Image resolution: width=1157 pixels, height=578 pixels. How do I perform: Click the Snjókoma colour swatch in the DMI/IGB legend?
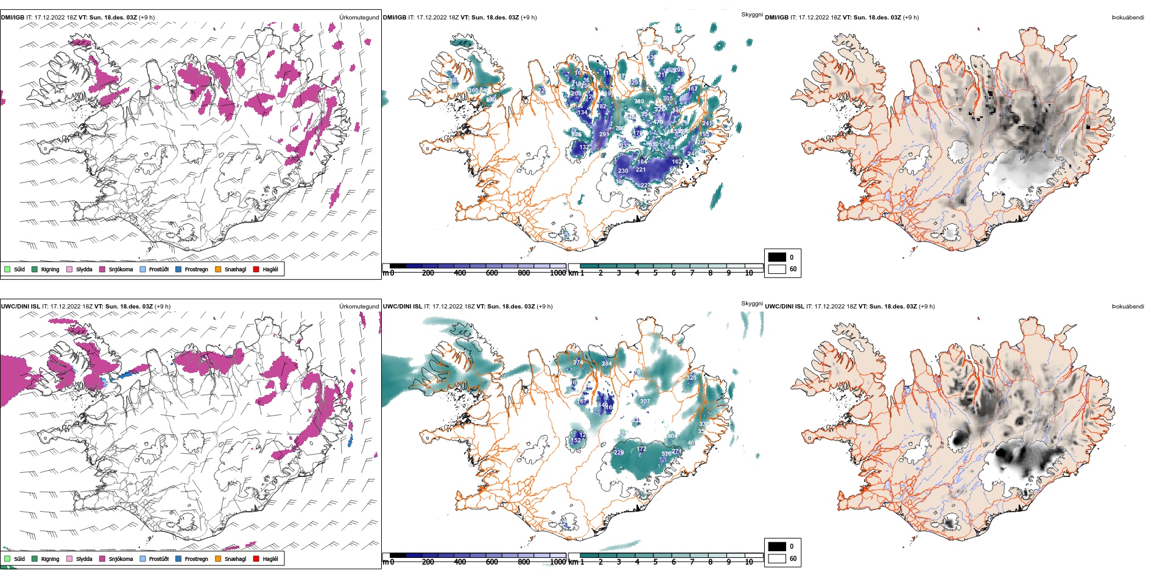point(102,269)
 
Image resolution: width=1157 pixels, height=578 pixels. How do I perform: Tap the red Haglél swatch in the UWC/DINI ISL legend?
point(256,559)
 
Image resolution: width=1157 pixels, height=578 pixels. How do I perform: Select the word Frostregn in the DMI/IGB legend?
point(196,270)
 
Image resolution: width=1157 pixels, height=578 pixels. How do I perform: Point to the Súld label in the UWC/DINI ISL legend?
point(19,559)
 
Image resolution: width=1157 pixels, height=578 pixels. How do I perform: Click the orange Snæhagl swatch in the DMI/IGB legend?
point(218,269)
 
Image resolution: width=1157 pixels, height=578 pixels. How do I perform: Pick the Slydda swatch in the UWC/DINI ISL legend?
point(69,559)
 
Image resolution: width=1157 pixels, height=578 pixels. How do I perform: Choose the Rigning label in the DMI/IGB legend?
point(50,270)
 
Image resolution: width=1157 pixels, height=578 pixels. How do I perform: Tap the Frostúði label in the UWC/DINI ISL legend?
point(158,559)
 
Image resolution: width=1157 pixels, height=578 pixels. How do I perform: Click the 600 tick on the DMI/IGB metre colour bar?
point(492,273)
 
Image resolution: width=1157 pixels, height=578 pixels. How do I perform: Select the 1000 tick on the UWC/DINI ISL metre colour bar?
point(558,562)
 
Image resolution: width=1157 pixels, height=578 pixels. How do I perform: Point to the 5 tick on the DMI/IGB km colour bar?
point(655,273)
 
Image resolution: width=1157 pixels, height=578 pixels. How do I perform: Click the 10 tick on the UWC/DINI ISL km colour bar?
point(749,562)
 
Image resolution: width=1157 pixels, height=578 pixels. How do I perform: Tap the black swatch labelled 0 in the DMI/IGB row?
point(777,257)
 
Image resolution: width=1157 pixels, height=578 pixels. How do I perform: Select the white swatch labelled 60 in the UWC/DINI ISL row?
point(777,558)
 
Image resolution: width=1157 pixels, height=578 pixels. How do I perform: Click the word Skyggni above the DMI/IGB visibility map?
point(751,15)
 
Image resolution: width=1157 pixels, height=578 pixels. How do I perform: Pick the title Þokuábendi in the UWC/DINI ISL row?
point(1128,307)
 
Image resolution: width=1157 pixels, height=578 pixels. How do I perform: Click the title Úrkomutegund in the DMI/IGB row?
point(359,18)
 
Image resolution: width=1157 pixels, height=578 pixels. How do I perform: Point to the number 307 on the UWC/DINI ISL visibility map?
point(645,402)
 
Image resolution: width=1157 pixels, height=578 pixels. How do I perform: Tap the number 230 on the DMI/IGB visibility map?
point(623,171)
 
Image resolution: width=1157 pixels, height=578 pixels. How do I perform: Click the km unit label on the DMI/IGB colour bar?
point(573,273)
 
